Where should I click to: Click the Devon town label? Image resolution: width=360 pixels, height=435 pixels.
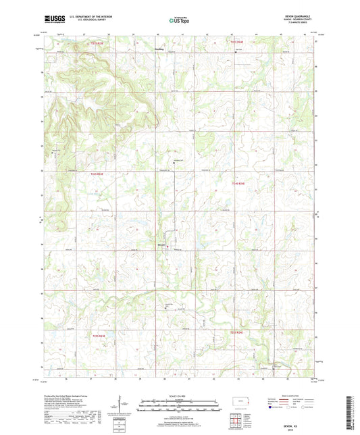[161, 245]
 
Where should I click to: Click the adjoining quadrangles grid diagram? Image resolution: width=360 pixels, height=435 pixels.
[236, 422]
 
